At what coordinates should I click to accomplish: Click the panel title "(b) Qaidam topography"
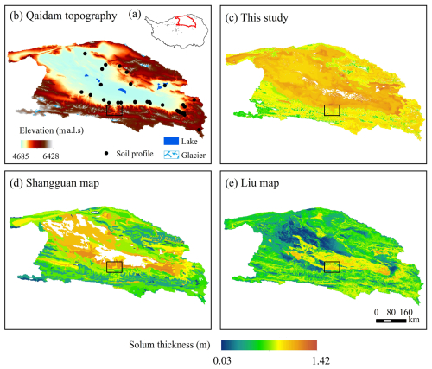click(x=63, y=16)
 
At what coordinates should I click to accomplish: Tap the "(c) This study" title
click(x=257, y=18)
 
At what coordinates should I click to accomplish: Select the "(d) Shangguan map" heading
click(x=54, y=183)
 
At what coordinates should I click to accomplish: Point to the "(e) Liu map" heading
click(x=252, y=183)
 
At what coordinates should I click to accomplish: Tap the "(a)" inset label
click(x=135, y=14)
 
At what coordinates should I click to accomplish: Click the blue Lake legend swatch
click(x=171, y=141)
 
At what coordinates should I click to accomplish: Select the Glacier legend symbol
click(x=171, y=155)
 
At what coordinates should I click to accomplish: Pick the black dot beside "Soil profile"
click(x=106, y=154)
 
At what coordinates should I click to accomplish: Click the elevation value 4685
click(x=21, y=156)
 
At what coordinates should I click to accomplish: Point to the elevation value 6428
click(x=51, y=156)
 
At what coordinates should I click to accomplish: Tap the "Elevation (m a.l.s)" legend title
click(x=52, y=130)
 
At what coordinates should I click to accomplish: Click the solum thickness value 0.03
click(x=222, y=360)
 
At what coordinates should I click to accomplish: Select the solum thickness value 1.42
click(x=321, y=360)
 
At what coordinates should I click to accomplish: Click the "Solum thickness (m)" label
click(x=169, y=345)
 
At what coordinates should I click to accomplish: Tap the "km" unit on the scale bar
click(x=414, y=320)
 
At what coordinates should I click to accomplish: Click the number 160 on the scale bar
click(x=406, y=312)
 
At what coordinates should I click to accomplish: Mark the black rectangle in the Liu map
click(x=332, y=267)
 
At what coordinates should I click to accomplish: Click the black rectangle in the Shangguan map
click(x=115, y=267)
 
